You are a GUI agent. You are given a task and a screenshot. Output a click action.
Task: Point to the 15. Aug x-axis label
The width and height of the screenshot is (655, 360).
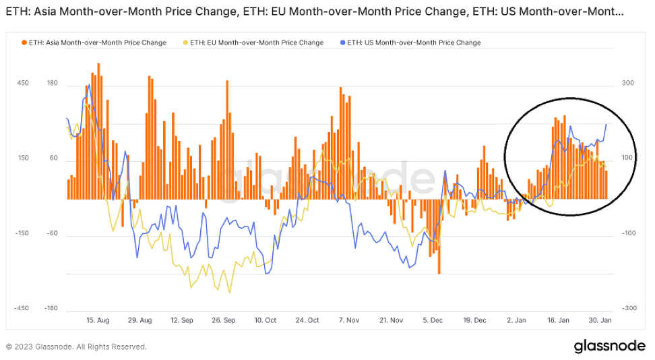pos(98,320)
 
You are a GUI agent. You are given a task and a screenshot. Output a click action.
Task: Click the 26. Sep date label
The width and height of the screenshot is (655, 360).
pos(223,320)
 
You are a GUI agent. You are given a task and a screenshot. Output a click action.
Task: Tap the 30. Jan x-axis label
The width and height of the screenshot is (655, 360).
pos(599,320)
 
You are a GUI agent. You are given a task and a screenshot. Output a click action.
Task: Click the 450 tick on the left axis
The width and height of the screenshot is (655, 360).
pos(23,84)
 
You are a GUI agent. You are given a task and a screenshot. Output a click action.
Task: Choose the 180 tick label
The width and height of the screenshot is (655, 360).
pos(53,84)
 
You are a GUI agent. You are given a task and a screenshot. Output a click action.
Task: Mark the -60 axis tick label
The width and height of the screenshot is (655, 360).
pos(53,234)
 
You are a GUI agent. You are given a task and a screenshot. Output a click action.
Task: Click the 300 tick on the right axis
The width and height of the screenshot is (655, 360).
pos(628,84)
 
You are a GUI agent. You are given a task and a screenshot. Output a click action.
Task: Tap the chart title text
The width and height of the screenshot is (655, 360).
pos(314,11)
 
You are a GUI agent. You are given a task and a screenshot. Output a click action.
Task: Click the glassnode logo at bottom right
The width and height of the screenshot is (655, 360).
pos(609,346)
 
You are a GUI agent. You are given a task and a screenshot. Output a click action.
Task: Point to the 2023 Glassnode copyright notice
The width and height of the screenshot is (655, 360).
pos(76,347)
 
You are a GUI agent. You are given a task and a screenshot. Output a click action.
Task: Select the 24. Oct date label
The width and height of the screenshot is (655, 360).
pos(307,320)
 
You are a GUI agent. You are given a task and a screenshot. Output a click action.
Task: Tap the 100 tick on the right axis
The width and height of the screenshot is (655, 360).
pos(628,158)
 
